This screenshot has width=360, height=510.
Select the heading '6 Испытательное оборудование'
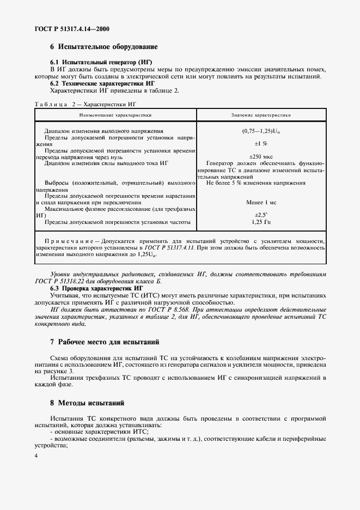104,47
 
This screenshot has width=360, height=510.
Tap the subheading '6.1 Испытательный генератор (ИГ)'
101,63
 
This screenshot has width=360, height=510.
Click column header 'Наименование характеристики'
115,116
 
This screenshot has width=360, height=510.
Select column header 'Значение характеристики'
261,116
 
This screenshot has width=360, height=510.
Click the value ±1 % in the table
261,143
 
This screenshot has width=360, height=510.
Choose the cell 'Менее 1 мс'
261,202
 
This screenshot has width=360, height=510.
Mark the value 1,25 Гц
261,222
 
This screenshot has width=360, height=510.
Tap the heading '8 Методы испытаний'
87,404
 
